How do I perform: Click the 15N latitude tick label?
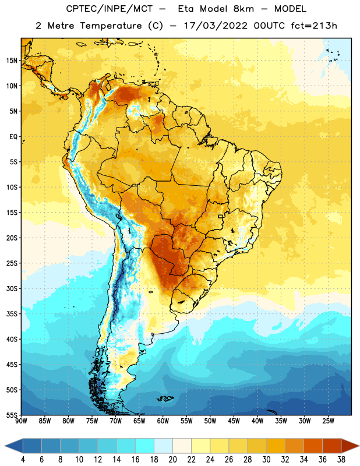(x=11, y=61)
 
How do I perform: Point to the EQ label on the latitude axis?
(x=13, y=137)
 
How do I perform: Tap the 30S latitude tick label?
(x=11, y=288)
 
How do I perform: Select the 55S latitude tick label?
(x=11, y=415)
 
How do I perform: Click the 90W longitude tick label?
(x=21, y=421)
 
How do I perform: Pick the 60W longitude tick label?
(x=163, y=421)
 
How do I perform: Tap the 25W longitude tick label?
(x=328, y=421)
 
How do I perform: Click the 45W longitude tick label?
(x=234, y=421)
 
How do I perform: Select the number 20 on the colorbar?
(x=172, y=460)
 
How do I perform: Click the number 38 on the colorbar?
(x=341, y=460)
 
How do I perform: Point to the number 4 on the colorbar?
(x=23, y=460)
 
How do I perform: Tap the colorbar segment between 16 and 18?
(x=145, y=446)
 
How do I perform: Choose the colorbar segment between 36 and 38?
(x=332, y=446)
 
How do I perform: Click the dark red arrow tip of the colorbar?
(x=358, y=446)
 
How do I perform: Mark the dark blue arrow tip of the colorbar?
(x=5, y=446)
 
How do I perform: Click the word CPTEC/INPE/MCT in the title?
(x=110, y=9)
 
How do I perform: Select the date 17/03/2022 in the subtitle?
(x=216, y=26)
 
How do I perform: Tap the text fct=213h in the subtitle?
(x=314, y=26)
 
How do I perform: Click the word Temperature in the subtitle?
(x=111, y=26)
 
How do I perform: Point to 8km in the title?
(x=243, y=9)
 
